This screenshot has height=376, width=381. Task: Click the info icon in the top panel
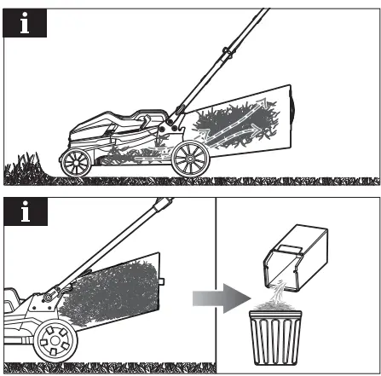pos(25,23)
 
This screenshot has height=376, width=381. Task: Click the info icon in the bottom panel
pos(26,211)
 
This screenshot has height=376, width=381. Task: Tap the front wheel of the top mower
pos(76,163)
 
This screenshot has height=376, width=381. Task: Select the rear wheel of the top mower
pos(191,159)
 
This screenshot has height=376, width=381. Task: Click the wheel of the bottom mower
pos(55,340)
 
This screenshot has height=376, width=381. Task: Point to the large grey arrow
pos(222,298)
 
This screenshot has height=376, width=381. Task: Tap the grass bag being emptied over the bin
pos(296,258)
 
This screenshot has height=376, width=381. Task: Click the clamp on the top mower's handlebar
pos(228,53)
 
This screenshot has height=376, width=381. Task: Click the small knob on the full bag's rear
pos(161,281)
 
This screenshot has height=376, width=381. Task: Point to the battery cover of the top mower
pos(118,122)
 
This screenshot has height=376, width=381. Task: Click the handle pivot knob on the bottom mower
pos(48,298)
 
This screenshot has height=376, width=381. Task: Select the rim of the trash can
pos(275,314)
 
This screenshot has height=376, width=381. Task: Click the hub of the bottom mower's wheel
pos(55,340)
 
